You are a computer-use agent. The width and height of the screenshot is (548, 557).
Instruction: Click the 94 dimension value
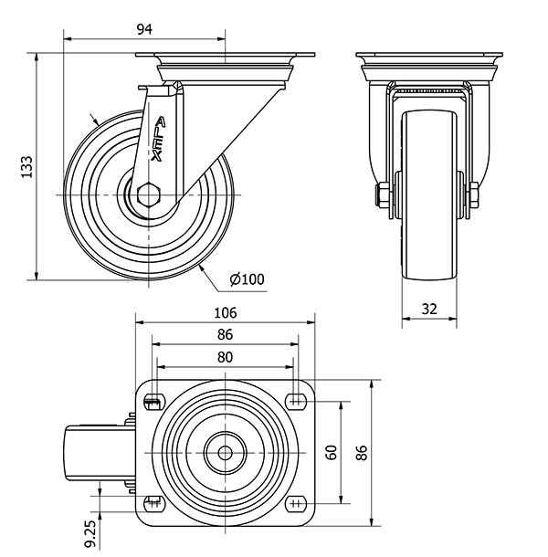click(144, 29)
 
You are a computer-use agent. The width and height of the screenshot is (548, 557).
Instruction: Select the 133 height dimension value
click(27, 166)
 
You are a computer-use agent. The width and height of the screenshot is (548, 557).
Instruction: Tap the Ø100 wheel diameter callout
click(247, 279)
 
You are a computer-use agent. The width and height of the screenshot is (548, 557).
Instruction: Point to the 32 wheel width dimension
click(429, 309)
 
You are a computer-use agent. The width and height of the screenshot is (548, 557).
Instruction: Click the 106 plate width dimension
click(226, 313)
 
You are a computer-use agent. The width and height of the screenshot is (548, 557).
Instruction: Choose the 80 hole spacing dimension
click(225, 357)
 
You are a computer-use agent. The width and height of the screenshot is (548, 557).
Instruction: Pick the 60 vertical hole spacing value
click(332, 453)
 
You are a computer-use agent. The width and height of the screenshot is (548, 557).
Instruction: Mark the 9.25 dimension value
click(90, 534)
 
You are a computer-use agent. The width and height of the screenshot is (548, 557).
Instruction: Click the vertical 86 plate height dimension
click(362, 453)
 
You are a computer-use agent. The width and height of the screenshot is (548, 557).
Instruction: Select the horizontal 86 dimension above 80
click(225, 334)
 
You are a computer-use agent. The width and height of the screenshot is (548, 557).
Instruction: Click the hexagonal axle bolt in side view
click(149, 194)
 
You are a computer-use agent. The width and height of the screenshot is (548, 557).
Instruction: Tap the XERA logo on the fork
click(158, 139)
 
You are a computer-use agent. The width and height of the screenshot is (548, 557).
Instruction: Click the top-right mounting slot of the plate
click(297, 402)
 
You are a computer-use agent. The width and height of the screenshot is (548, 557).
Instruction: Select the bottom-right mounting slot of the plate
click(297, 504)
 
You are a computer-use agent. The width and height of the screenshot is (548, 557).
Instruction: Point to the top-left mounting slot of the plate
click(154, 402)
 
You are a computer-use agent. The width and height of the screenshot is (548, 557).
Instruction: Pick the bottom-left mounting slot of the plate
click(154, 504)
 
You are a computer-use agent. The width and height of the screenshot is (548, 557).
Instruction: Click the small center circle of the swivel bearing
click(225, 453)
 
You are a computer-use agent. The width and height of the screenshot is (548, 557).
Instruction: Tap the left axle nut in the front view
click(383, 194)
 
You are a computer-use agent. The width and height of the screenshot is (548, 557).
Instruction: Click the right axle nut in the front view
click(474, 194)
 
